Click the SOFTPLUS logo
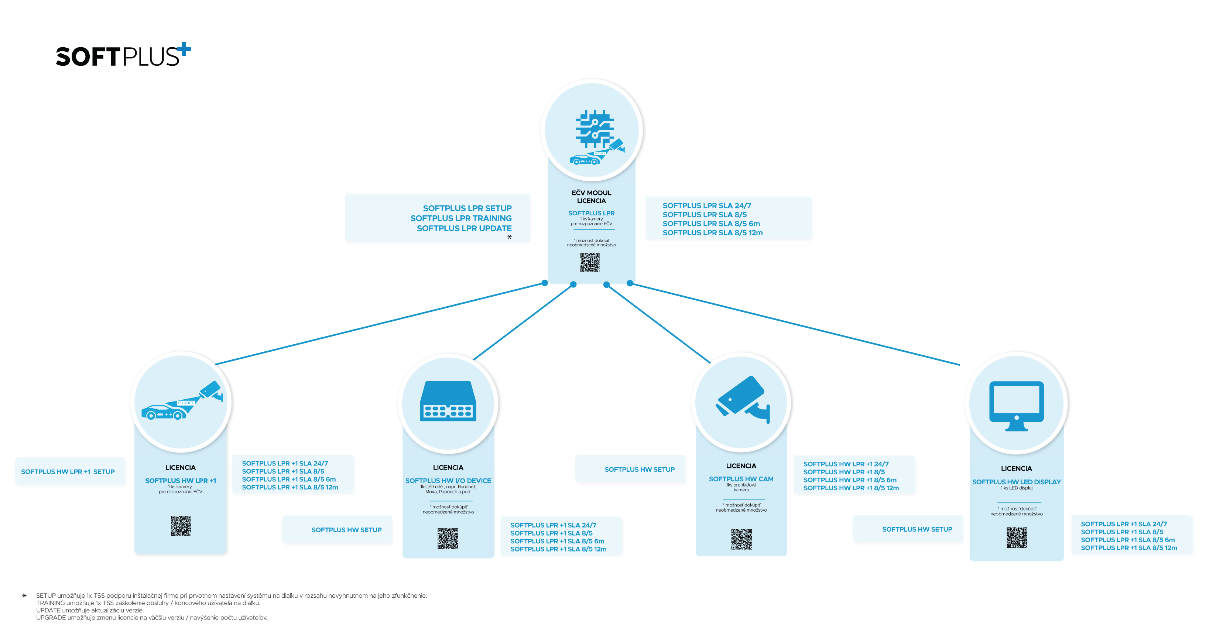(123, 55)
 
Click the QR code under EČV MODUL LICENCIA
(590, 262)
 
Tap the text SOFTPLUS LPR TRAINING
(461, 218)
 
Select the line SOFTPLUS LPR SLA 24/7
(706, 206)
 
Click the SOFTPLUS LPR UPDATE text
(464, 229)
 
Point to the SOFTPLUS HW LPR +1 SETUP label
(68, 472)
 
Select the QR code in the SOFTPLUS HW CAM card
(741, 539)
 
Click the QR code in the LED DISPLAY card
(1017, 537)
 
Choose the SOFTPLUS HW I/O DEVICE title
(448, 481)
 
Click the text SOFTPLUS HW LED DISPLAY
(1017, 482)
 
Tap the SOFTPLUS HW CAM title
(741, 479)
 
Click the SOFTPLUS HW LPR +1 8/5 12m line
(851, 488)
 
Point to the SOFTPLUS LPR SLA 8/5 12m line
(713, 233)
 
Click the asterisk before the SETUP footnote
(24, 596)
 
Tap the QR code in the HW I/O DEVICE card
(448, 539)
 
